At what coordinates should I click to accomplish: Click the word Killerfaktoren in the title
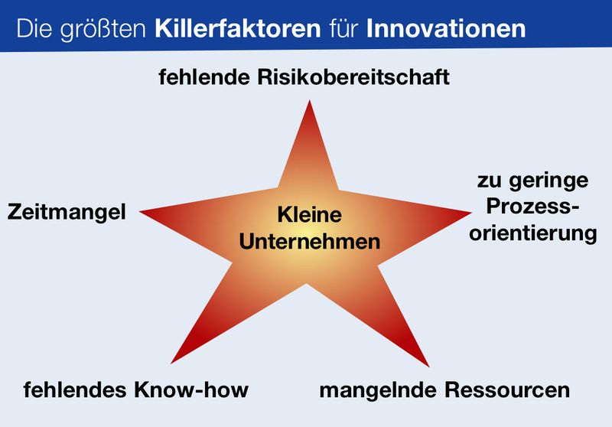(x=238, y=28)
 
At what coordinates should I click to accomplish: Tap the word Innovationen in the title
(x=446, y=28)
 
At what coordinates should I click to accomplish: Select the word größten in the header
(x=103, y=30)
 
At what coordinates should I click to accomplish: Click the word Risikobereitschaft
(x=353, y=77)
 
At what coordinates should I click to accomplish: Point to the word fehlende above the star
(x=204, y=77)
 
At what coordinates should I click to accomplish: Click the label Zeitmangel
(x=67, y=213)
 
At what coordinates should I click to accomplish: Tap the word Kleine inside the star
(x=310, y=215)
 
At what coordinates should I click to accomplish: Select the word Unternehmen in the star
(x=310, y=241)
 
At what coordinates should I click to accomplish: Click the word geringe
(x=549, y=181)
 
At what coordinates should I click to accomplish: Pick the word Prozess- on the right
(x=532, y=206)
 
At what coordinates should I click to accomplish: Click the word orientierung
(x=533, y=234)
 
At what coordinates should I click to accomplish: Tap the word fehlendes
(x=75, y=390)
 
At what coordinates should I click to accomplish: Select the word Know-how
(x=191, y=390)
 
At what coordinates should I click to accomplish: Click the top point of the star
(x=310, y=101)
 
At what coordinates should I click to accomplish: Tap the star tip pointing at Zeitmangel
(x=140, y=211)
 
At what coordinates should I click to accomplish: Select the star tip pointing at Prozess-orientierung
(x=471, y=213)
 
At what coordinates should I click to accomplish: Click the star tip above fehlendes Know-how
(x=171, y=363)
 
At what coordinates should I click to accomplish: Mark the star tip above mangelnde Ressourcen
(x=428, y=366)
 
